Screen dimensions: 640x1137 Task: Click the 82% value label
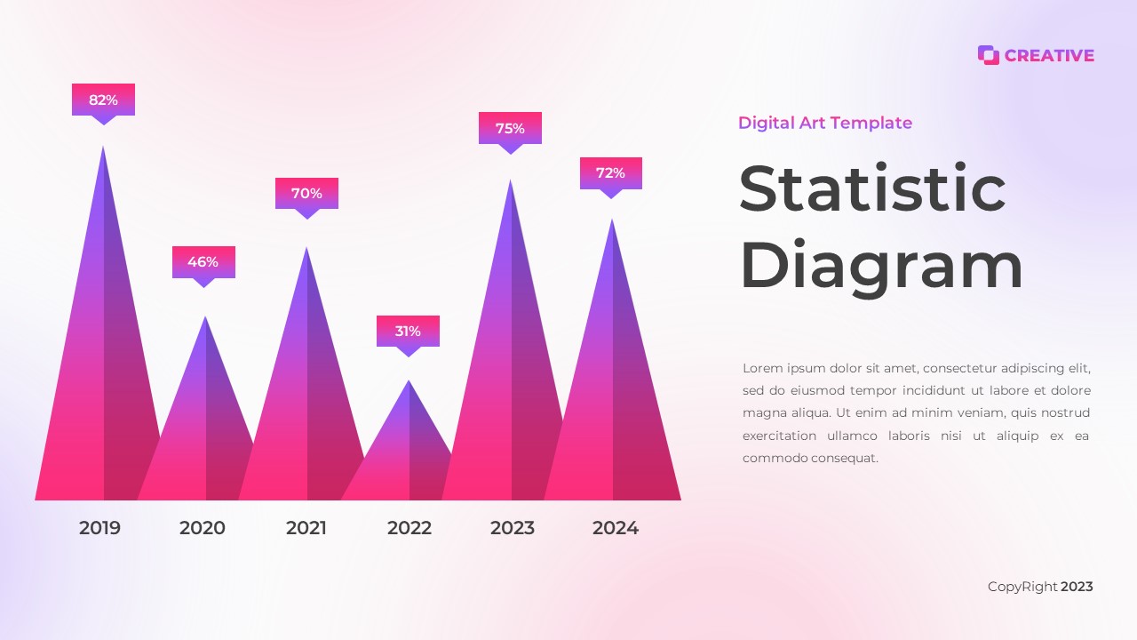tap(103, 100)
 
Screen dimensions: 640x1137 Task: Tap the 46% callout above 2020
tap(203, 262)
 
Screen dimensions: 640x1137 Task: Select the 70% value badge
tap(306, 194)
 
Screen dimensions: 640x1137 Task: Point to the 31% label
tap(408, 332)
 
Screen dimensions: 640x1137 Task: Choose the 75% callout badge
tap(510, 128)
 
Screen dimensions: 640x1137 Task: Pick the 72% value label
tap(610, 173)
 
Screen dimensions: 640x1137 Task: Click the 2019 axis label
tap(99, 528)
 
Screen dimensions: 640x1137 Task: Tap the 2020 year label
tap(203, 528)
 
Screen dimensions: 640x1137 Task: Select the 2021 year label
tap(306, 528)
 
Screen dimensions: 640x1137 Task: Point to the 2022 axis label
tap(409, 528)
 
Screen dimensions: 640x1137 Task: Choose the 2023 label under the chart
tap(513, 528)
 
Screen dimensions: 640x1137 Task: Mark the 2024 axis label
tap(616, 528)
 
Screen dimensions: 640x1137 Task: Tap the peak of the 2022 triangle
tap(409, 382)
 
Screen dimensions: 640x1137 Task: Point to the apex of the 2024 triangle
tap(612, 221)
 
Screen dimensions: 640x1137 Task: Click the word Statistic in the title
tap(872, 188)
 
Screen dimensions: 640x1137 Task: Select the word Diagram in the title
tap(881, 266)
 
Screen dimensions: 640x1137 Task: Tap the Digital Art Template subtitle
tap(825, 123)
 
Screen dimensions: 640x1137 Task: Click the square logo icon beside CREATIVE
tap(988, 55)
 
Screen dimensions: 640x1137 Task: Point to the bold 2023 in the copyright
tap(1077, 587)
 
